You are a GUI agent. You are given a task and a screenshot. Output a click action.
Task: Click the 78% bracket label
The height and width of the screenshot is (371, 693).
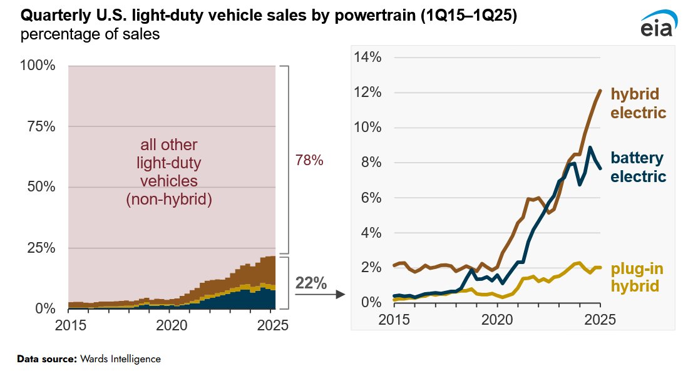pyautogui.click(x=309, y=161)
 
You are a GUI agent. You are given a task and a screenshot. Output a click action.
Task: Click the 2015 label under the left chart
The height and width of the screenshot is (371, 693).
pyautogui.click(x=69, y=325)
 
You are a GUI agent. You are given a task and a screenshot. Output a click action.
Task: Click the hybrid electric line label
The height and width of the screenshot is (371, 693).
pyautogui.click(x=638, y=104)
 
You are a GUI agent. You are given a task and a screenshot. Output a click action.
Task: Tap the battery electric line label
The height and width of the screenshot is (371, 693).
pyautogui.click(x=638, y=167)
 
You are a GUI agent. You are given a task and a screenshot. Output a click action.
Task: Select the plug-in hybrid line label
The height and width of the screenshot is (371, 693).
pyautogui.click(x=636, y=278)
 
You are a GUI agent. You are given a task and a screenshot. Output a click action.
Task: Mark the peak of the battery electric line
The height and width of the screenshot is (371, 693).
pyautogui.click(x=590, y=148)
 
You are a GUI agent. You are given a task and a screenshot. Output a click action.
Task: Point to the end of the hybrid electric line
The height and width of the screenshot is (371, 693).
pyautogui.click(x=600, y=91)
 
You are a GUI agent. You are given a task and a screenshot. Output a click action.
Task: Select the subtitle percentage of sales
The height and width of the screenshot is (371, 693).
pyautogui.click(x=90, y=34)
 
